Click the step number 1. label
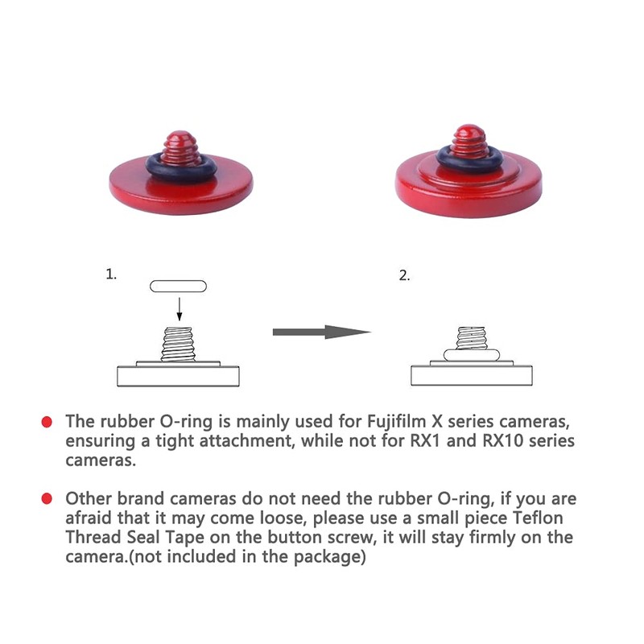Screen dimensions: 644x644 pos(111,274)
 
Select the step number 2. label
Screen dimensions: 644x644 pos(404,275)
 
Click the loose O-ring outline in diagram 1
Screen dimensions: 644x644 pos(178,286)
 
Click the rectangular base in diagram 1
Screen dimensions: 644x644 pos(179,376)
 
